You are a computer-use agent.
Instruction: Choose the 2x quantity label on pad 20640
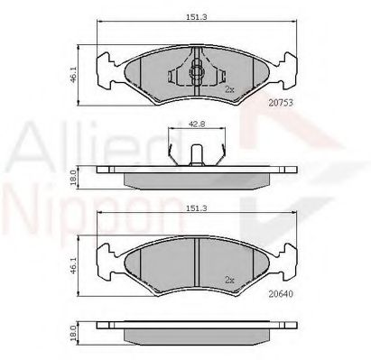[229, 280]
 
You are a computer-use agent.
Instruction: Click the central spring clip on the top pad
[197, 70]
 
